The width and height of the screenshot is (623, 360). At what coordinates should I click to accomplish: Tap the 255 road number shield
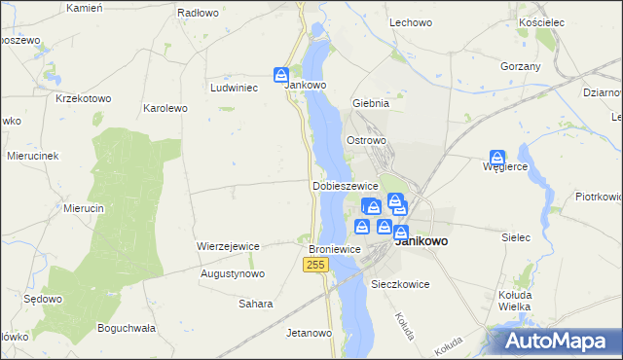coord(314,265)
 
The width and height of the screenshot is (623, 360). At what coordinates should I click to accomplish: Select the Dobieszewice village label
coord(345,185)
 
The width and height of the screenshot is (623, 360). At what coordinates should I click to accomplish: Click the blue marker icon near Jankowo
coord(281,75)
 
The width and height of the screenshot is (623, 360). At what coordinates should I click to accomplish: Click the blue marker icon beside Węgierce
coord(497,157)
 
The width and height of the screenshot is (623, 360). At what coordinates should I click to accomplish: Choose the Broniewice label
coord(335,249)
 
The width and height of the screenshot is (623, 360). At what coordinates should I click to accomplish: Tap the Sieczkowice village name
coord(401,285)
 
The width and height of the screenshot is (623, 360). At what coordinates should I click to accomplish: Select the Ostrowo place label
coord(367,140)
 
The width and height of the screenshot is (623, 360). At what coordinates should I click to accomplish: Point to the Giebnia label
coord(371,102)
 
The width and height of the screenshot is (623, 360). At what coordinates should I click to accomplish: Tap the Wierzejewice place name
coord(228,246)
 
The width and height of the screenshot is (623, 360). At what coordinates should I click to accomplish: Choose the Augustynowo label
coord(233,274)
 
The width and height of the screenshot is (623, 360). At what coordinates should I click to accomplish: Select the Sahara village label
coord(256,304)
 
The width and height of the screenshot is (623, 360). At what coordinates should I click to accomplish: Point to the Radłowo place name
coord(198,14)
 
